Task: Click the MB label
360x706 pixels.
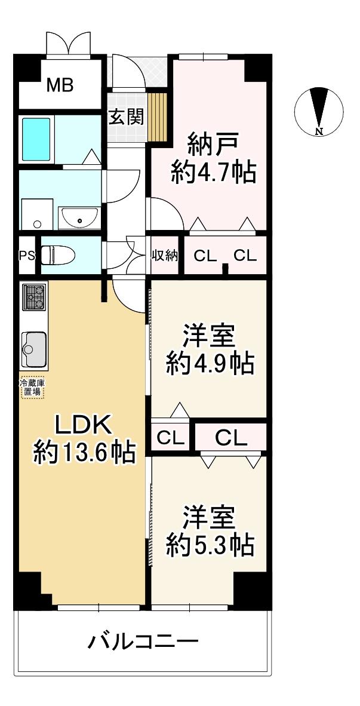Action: click(x=60, y=85)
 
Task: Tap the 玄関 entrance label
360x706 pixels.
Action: click(x=125, y=116)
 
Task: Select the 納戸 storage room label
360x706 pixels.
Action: click(x=214, y=144)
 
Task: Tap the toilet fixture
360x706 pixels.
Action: click(x=59, y=255)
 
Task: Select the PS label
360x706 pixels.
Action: click(x=26, y=256)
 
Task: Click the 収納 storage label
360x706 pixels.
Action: click(x=164, y=256)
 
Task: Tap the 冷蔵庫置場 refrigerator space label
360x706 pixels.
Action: click(x=32, y=387)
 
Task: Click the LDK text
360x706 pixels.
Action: click(x=82, y=426)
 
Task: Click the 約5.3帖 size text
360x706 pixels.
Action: click(x=210, y=545)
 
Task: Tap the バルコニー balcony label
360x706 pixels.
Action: click(x=143, y=643)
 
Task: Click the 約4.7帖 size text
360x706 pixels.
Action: click(x=214, y=173)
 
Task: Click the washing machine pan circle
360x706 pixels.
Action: click(x=38, y=224)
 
